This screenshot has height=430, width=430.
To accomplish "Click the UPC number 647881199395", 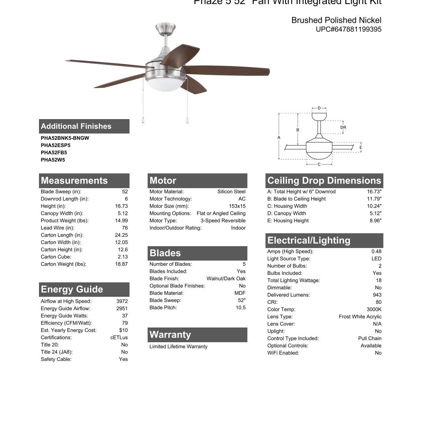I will [x=348, y=29].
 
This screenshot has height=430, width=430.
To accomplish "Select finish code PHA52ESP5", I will [x=56, y=145].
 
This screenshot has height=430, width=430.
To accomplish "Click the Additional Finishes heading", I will [x=76, y=126].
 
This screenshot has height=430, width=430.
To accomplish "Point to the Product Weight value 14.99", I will [x=121, y=221].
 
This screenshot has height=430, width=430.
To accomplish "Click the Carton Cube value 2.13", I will [x=122, y=257].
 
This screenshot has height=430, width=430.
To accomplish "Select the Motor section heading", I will [x=163, y=180].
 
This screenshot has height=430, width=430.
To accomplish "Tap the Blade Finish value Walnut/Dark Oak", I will [x=226, y=279].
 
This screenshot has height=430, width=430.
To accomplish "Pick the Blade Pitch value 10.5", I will [x=240, y=308].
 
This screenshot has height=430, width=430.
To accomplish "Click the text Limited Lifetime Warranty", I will [x=178, y=347].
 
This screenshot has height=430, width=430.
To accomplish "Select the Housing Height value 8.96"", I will [x=375, y=221].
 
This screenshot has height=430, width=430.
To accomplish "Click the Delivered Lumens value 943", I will [x=377, y=295].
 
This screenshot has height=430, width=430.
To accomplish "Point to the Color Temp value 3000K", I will [x=374, y=309].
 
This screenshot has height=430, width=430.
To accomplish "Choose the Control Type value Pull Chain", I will [x=370, y=338].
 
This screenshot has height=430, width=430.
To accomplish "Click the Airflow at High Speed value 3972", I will [x=122, y=301].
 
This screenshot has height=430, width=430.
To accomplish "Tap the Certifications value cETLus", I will [x=119, y=338].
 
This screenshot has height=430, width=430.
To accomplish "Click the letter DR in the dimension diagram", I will [x=343, y=127].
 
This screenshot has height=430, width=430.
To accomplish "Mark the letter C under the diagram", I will [x=319, y=165].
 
